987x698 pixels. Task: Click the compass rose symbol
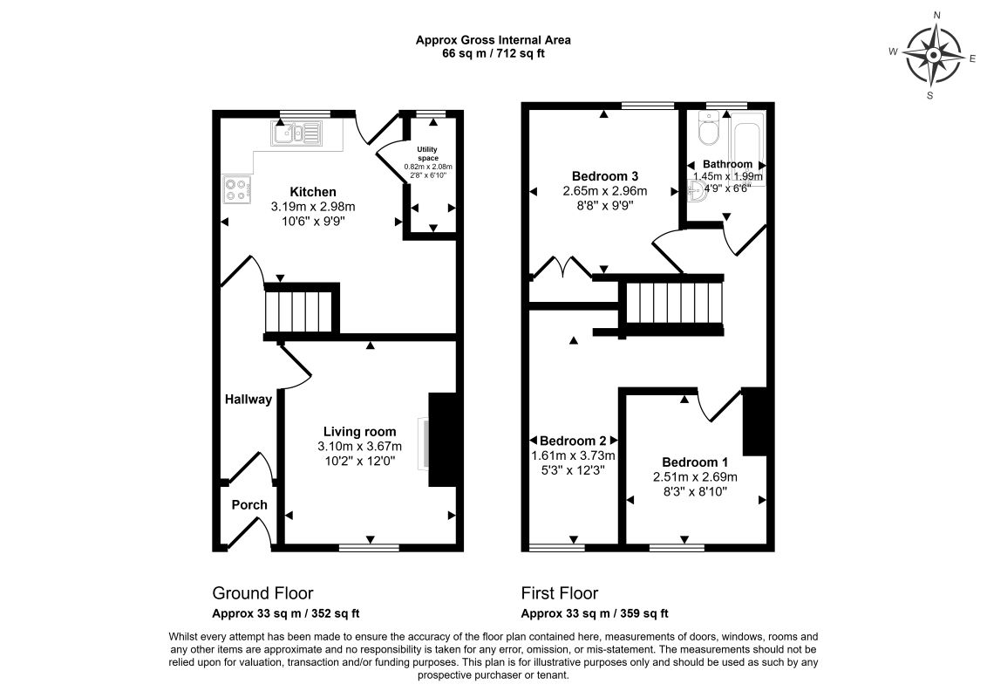pyautogui.click(x=932, y=55)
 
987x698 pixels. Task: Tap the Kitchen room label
pyautogui.click(x=313, y=192)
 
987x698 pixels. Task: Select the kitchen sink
pyautogui.click(x=296, y=133)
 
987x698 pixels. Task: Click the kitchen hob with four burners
pyautogui.click(x=237, y=188)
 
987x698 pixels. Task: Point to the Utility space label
pyautogui.click(x=427, y=154)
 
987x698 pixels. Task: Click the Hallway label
pyautogui.click(x=248, y=400)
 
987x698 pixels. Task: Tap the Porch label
pyautogui.click(x=249, y=505)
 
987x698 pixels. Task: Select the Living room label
pyautogui.click(x=359, y=431)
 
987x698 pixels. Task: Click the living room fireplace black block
pyautogui.click(x=443, y=440)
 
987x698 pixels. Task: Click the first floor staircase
pyautogui.click(x=675, y=302)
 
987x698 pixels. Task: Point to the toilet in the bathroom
pyautogui.click(x=707, y=133)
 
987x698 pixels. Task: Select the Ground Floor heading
pyautogui.click(x=262, y=593)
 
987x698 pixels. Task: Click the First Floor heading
pyautogui.click(x=560, y=593)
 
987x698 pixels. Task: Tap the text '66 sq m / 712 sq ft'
pyautogui.click(x=493, y=53)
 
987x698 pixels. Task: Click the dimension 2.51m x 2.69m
pyautogui.click(x=695, y=477)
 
